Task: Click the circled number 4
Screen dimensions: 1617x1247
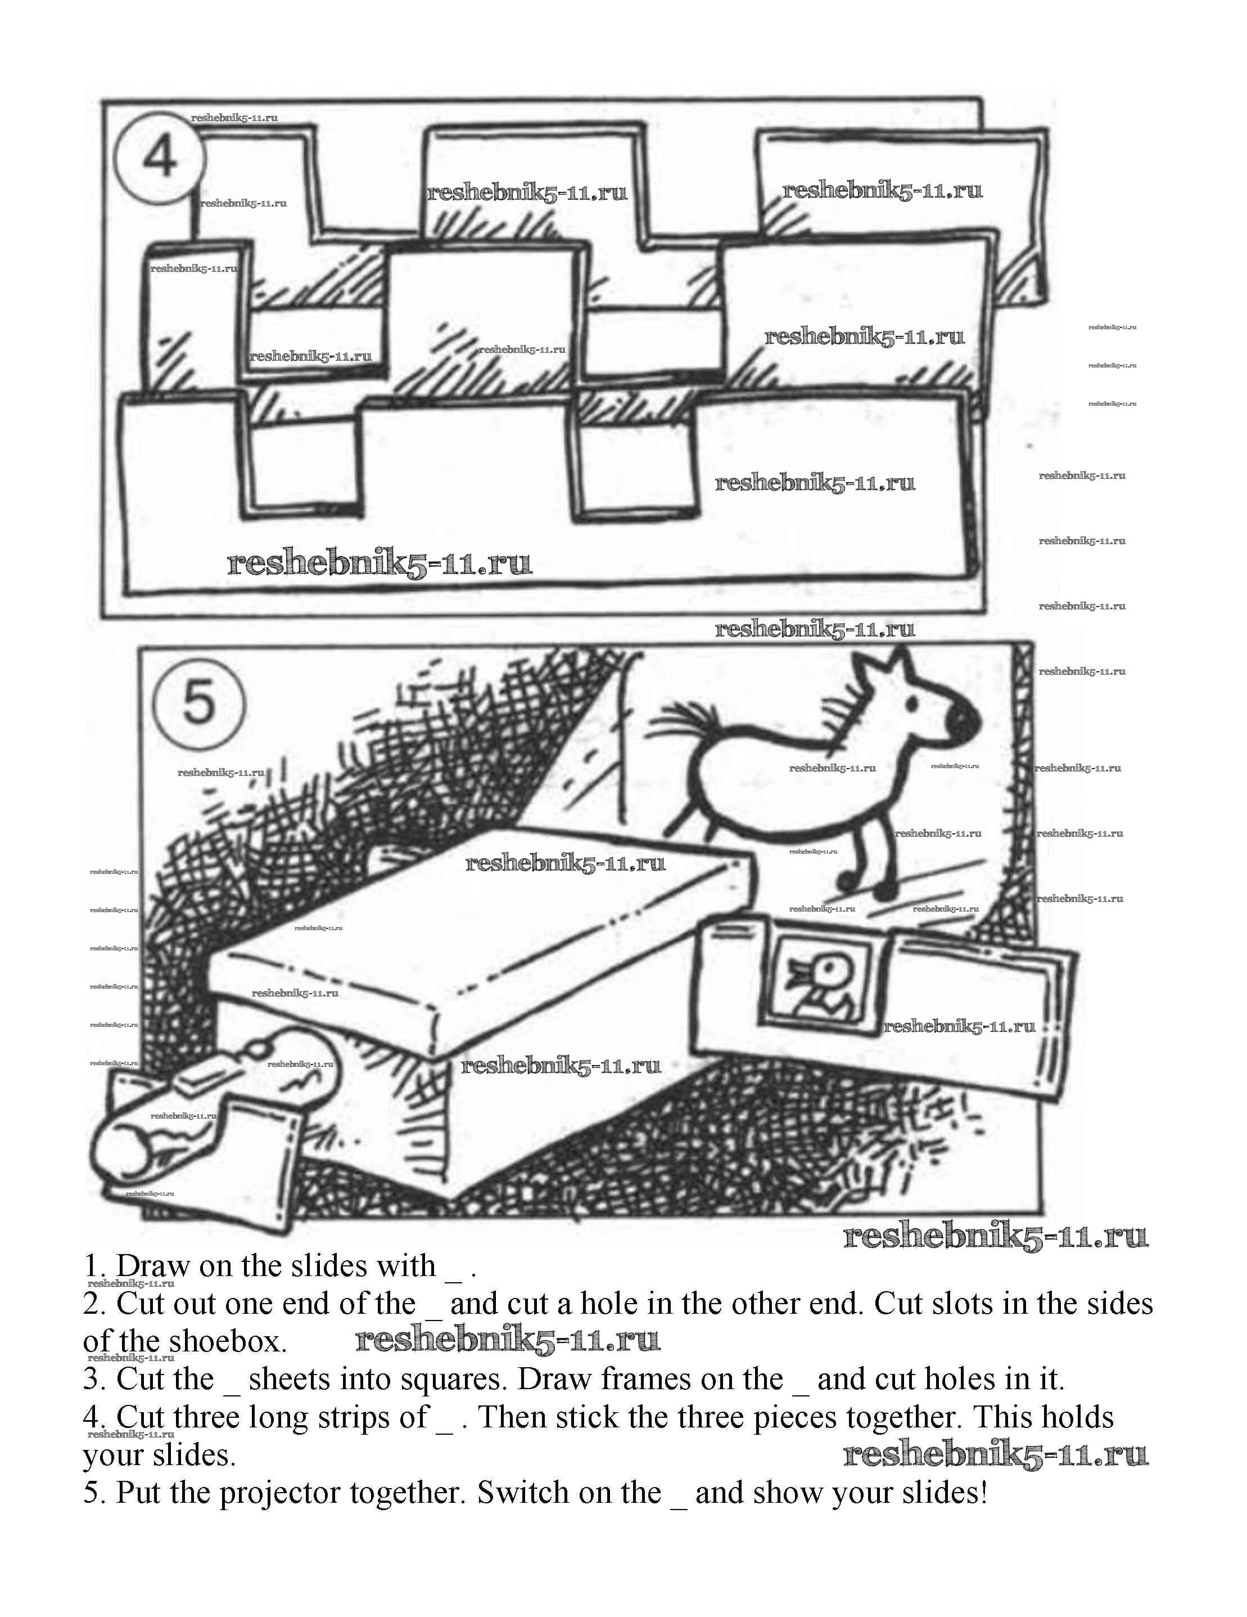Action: pyautogui.click(x=159, y=157)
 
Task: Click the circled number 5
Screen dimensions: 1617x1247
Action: pyautogui.click(x=197, y=702)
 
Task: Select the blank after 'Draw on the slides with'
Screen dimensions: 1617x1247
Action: pyautogui.click(x=453, y=1270)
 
